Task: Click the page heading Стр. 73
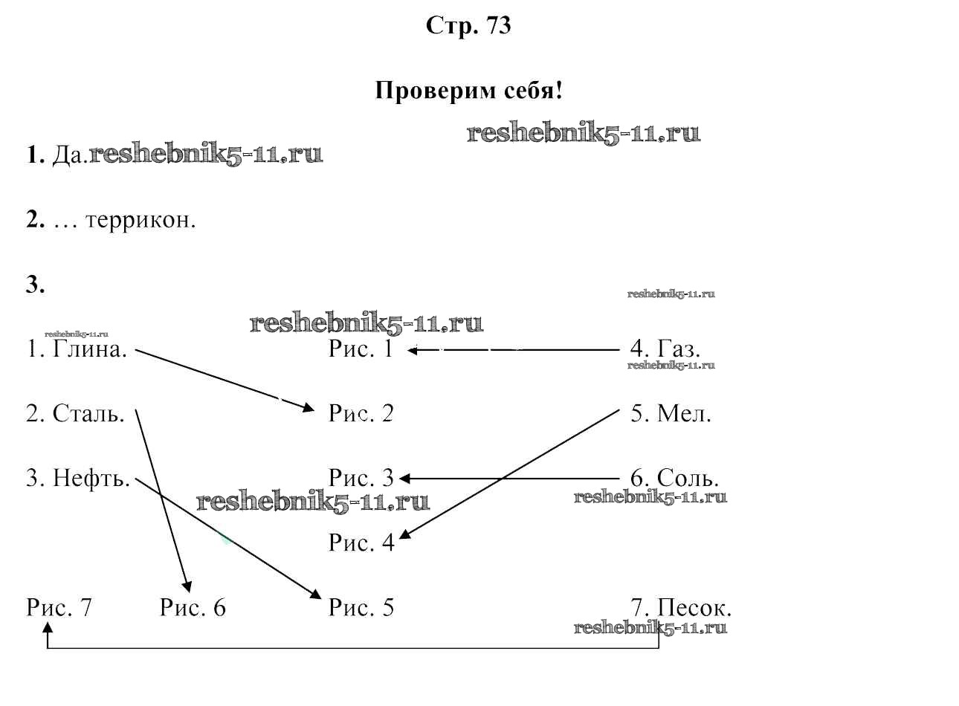[x=468, y=26]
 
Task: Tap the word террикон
[x=141, y=221]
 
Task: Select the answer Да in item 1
[x=70, y=155]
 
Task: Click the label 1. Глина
[x=77, y=349]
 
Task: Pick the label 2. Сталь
[x=75, y=413]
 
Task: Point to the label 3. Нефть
[x=78, y=478]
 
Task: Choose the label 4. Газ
[x=665, y=349]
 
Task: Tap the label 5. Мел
[x=671, y=413]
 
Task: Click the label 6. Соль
[x=674, y=478]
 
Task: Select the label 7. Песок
[x=681, y=608]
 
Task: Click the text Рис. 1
[x=361, y=349]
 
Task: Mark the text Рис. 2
[x=361, y=413]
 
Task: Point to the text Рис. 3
[x=361, y=478]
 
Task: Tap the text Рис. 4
[x=361, y=543]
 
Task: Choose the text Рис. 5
[x=361, y=608]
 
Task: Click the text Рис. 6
[x=193, y=608]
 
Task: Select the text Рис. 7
[x=59, y=608]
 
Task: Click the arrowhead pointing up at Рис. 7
[x=48, y=628]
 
